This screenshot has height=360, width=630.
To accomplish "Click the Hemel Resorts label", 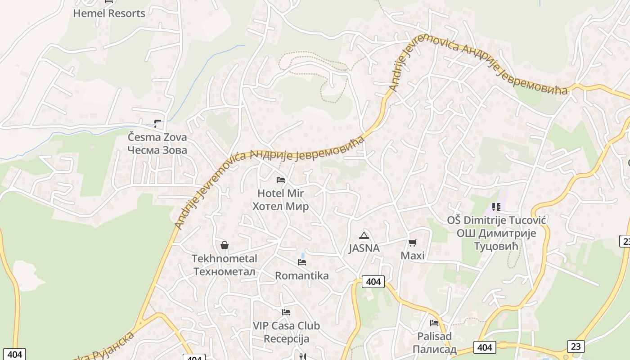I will (x=109, y=13).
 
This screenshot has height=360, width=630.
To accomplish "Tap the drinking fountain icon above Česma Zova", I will (x=157, y=123).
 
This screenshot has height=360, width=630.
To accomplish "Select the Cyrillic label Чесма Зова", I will (x=157, y=150).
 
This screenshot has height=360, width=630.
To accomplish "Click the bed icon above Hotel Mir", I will (x=281, y=180).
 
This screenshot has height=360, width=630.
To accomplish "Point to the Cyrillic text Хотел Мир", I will (x=280, y=207).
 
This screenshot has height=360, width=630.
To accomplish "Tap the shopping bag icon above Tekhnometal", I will (x=225, y=245).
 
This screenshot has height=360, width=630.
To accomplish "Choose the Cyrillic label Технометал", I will (x=224, y=271).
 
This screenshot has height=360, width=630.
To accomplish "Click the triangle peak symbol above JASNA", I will (x=364, y=235).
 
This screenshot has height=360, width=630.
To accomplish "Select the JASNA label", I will (x=364, y=248).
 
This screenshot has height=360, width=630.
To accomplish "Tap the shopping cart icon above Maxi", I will (x=412, y=243).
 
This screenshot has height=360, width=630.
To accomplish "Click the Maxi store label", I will (x=413, y=256).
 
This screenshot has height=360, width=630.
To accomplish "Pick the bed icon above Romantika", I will (x=301, y=262).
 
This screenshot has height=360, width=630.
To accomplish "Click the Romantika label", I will (x=301, y=275).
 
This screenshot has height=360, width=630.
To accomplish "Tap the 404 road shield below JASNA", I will (x=373, y=282).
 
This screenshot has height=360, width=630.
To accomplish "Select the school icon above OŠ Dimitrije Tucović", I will (x=496, y=207).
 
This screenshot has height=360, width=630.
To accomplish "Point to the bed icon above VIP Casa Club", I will (x=286, y=312).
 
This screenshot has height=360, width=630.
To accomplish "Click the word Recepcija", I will (x=286, y=338).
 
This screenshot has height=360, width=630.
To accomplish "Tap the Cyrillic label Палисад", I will (x=434, y=349).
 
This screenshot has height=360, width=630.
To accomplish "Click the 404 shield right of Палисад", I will (x=484, y=347).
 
